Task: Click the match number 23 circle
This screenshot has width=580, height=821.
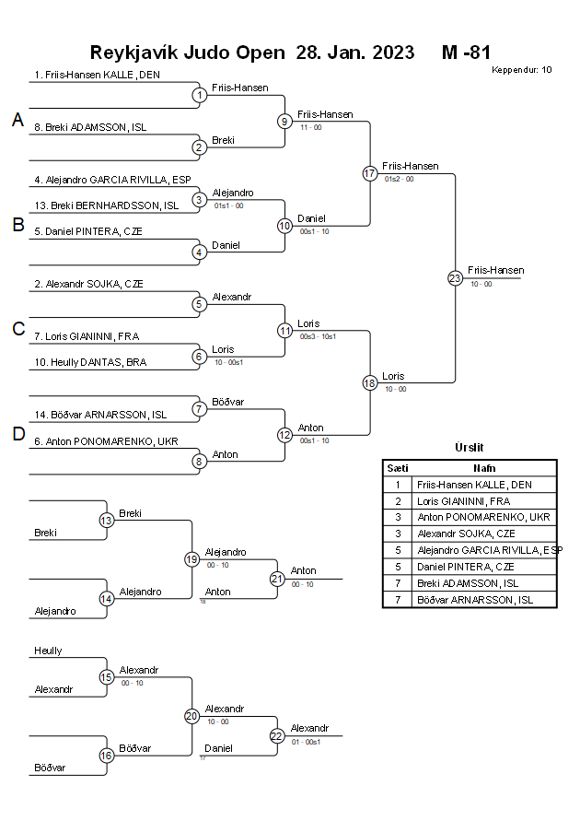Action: coord(455,278)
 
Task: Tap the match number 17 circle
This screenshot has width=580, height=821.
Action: coord(370,173)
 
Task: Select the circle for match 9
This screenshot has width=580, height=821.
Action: coord(285,121)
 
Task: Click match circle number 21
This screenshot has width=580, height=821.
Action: coord(277,579)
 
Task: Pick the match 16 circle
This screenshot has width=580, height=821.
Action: coord(106,755)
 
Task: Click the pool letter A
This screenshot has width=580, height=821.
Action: coord(17,120)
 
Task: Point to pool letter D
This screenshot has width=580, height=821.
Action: coord(17,435)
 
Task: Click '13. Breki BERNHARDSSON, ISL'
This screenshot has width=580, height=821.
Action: coord(107,205)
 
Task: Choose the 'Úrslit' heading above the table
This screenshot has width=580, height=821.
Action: coord(469,447)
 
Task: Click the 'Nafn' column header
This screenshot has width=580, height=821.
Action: coord(484,468)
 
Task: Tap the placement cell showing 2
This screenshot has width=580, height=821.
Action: coord(398,500)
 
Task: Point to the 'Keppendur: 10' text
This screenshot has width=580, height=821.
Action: coord(521,70)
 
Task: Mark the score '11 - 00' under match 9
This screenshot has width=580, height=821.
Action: coord(310,127)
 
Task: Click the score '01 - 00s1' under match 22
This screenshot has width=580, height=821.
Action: coord(306,741)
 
